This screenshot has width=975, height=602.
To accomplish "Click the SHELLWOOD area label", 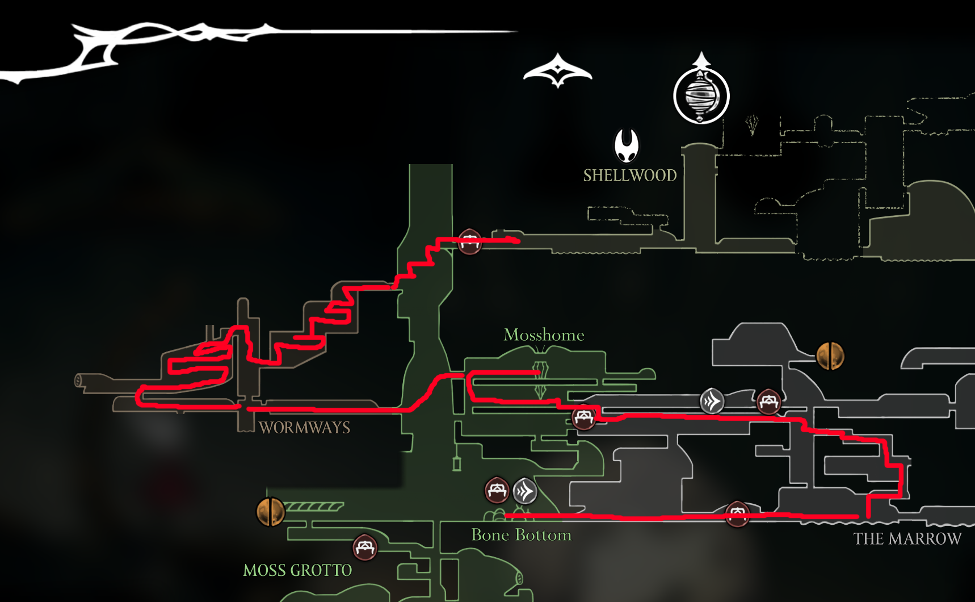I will coord(630,175).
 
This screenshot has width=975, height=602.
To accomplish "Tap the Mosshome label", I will coord(544,335).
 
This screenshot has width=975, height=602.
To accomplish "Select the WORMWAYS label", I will coord(304,428).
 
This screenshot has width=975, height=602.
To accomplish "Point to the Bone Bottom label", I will coord(521,535).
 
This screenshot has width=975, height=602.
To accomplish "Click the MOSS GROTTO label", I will coord(297,570).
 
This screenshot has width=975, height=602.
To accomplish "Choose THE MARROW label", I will coord(907,539).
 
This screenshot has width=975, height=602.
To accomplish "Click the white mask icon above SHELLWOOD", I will coord(627,145).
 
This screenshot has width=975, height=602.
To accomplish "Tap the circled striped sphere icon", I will coord(701,95).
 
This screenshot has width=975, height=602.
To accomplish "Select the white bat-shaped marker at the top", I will coord(558,72).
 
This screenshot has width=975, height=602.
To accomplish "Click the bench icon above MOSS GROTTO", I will coord(365,547).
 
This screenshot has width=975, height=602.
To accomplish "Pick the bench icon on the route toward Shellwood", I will coord(470,241).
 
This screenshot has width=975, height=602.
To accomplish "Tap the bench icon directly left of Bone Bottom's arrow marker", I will coord(497,490).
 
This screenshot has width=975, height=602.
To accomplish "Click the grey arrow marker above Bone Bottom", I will coord(525,491).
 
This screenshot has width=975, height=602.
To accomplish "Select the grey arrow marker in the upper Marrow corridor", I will coord(712,401).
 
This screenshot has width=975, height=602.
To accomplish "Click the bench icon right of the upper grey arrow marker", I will coord(768,402).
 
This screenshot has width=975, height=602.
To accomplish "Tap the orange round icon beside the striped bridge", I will coord(270,511).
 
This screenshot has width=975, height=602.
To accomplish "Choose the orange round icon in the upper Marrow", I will coord(830,356).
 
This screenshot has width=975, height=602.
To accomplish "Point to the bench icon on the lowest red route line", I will coord(737,514).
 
